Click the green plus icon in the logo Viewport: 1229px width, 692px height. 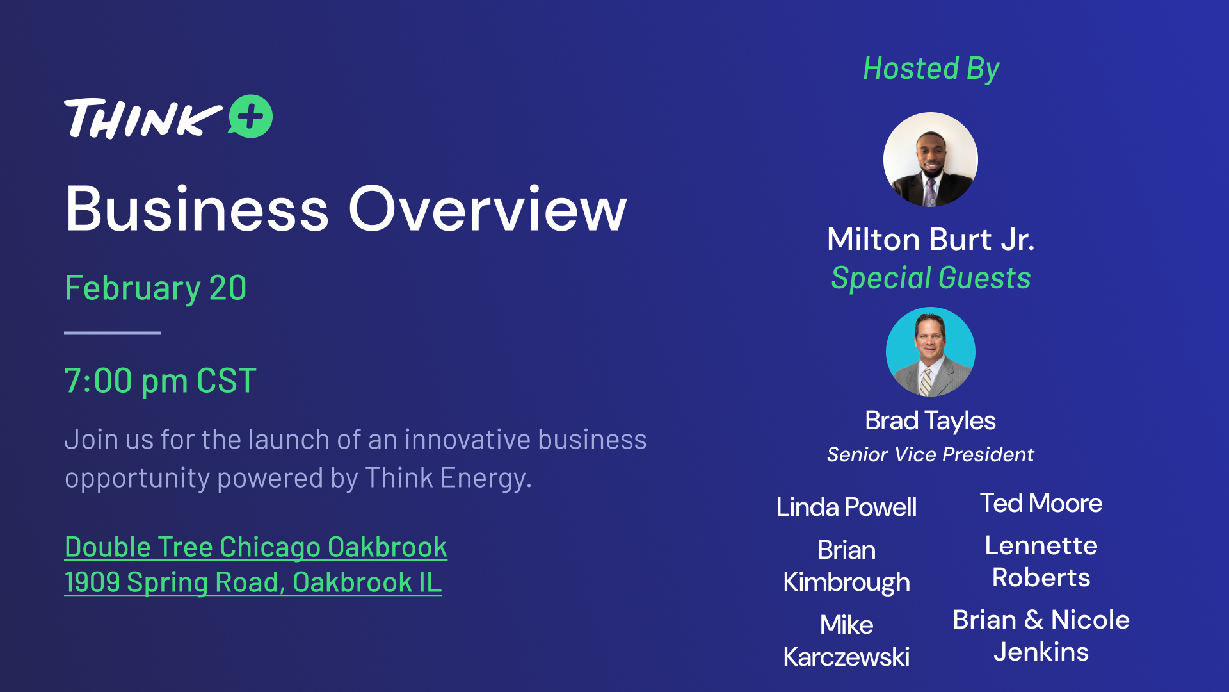pyautogui.click(x=251, y=117)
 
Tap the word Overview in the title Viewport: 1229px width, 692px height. pyautogui.click(x=488, y=209)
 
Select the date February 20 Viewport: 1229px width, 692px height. pyautogui.click(x=156, y=288)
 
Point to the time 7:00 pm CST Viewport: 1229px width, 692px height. pyautogui.click(x=161, y=381)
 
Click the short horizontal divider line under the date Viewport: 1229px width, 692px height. pyautogui.click(x=113, y=333)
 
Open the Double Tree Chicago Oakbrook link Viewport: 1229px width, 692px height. pyautogui.click(x=256, y=547)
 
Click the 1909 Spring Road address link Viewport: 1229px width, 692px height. pyautogui.click(x=253, y=582)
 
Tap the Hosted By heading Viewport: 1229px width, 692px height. pyautogui.click(x=931, y=69)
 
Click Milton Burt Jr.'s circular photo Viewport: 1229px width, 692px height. pyautogui.click(x=931, y=160)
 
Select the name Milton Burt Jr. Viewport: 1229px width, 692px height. pyautogui.click(x=931, y=240)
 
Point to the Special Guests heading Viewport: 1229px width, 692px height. pyautogui.click(x=931, y=279)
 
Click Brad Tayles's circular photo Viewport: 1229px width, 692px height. pyautogui.click(x=931, y=352)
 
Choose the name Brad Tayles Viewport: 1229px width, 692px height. pyautogui.click(x=930, y=421)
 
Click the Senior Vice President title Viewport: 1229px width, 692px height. pyautogui.click(x=930, y=454)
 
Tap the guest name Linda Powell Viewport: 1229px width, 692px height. pyautogui.click(x=846, y=507)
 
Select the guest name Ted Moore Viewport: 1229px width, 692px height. pyautogui.click(x=1041, y=503)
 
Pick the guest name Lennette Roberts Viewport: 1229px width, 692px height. pyautogui.click(x=1041, y=561)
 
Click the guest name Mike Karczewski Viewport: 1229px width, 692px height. pyautogui.click(x=846, y=641)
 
